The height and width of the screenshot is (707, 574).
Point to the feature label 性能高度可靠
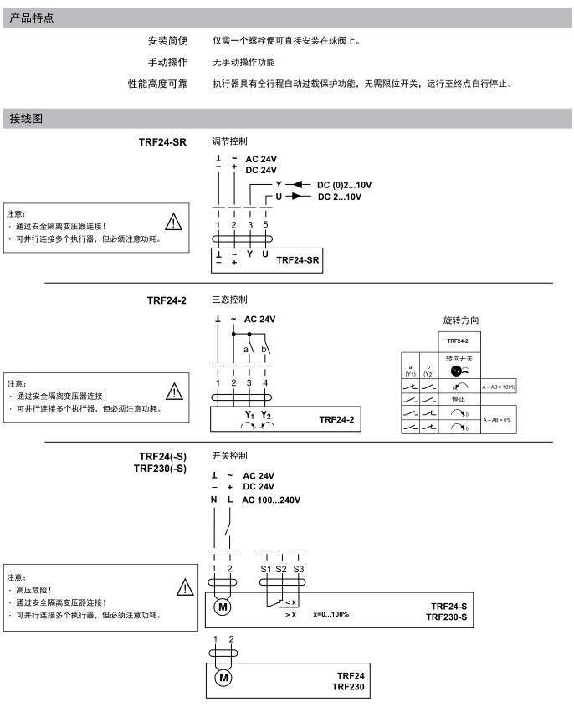(157, 84)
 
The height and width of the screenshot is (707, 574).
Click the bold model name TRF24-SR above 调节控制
(163, 142)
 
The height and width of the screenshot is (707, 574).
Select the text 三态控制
(230, 300)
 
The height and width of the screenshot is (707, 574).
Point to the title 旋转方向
(461, 320)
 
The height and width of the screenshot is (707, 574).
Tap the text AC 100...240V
(270, 500)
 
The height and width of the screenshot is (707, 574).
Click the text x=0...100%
(331, 614)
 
